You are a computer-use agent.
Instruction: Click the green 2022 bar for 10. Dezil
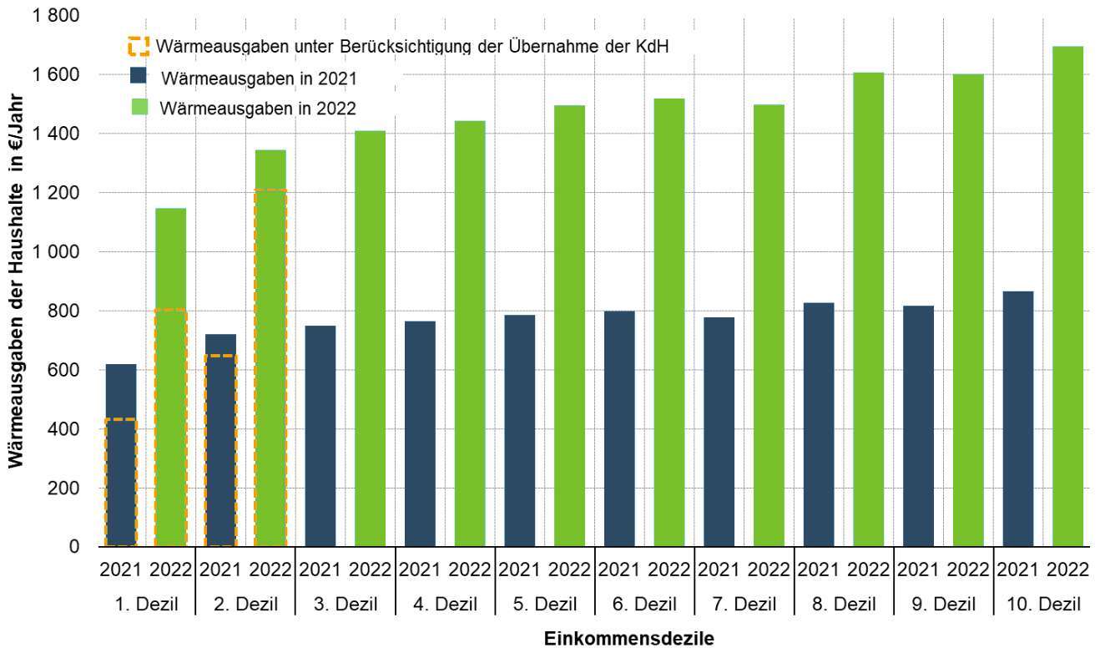1067,296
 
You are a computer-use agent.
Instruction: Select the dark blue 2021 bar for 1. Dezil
121,455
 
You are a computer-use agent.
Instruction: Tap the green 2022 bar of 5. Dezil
569,326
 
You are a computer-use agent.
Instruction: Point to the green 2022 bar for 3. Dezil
370,338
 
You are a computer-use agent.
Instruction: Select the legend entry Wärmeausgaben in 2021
259,79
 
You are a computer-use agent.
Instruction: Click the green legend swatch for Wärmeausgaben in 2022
139,107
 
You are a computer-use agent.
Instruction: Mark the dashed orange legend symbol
139,45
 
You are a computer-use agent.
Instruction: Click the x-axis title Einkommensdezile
629,640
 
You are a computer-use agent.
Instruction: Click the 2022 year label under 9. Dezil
968,571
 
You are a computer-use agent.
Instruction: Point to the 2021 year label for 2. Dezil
220,571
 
